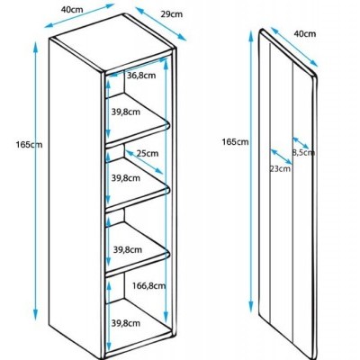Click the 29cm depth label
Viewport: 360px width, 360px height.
pos(171,14)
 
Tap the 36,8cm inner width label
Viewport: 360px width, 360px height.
pos(141,76)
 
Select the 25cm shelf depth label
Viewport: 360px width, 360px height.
pos(148,153)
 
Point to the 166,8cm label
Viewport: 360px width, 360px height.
pos(148,286)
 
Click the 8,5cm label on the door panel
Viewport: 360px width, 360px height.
pos(303,153)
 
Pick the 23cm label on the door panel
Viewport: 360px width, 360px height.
pos(280,169)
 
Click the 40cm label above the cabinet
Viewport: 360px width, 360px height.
pos(72,9)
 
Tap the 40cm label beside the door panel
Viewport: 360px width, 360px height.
pos(305,33)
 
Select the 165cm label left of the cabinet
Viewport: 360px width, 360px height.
pos(29,145)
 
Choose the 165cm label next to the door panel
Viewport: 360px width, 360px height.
pos(235,141)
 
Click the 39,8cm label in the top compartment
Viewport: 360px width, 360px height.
pos(126,112)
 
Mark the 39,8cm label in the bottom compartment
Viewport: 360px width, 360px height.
pos(126,323)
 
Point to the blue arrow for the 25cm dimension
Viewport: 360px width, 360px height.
pos(145,162)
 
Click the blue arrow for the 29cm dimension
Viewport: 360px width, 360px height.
pos(161,24)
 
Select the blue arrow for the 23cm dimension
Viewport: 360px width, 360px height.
pos(281,158)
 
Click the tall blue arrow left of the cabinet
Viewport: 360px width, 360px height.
pos(36,181)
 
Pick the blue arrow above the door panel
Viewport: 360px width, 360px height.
pos(294,47)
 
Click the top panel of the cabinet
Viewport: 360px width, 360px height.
pos(113,43)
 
